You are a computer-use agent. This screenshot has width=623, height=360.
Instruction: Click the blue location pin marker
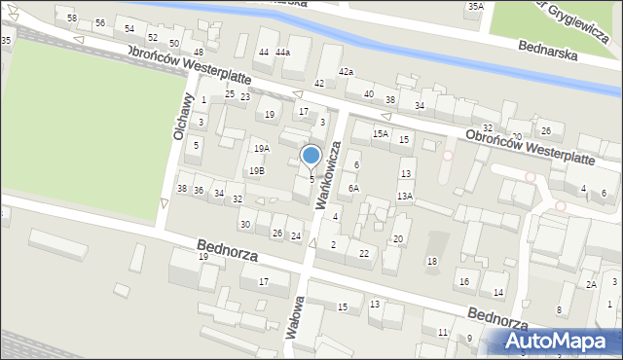pyautogui.click(x=311, y=156)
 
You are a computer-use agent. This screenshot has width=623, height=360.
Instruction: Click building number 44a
pyautogui.click(x=282, y=52)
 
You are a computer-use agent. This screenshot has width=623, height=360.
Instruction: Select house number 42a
pyautogui.click(x=346, y=72)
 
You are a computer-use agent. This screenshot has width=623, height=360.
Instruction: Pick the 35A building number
pyautogui.click(x=475, y=7)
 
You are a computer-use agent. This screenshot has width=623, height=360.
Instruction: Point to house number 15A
pyautogui.click(x=381, y=134)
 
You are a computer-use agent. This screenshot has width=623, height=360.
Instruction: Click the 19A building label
pyautogui.click(x=261, y=149)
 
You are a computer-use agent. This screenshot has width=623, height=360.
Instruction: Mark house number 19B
pyautogui.click(x=256, y=171)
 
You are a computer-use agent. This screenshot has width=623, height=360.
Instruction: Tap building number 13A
pyautogui.click(x=405, y=197)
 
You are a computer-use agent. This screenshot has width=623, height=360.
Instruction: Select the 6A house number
pyautogui.click(x=354, y=189)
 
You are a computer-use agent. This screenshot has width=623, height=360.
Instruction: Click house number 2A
pyautogui.click(x=591, y=284)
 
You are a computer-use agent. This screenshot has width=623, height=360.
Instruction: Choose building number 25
pyautogui.click(x=230, y=94)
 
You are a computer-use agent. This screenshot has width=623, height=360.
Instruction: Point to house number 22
pyautogui.click(x=363, y=254)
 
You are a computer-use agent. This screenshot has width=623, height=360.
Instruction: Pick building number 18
pyautogui.click(x=432, y=262)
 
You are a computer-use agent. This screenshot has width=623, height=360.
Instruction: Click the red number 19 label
pyautogui.click(x=203, y=257)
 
